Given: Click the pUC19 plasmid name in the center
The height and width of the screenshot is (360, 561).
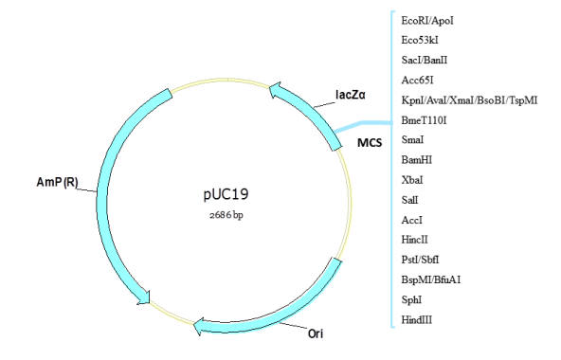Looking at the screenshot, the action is [226, 194].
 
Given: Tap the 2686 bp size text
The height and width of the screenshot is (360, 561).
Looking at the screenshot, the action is [226, 215].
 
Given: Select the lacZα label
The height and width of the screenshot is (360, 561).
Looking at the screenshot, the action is [351, 95].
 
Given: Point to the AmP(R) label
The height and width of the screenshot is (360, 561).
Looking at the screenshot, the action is [57, 182].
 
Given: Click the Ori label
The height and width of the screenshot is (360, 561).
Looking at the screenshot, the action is [316, 333].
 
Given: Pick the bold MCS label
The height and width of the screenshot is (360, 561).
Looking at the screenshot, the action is [370, 143].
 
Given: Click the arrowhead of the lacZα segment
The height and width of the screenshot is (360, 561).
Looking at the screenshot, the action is [275, 90].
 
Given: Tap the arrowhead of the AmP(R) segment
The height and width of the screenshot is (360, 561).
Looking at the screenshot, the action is [144, 297].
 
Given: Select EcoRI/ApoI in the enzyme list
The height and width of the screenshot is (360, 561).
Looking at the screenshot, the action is [427, 21].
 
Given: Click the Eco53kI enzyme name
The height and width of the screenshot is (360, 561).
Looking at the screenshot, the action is [420, 40].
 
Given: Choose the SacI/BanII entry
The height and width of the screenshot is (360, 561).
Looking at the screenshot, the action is [425, 60].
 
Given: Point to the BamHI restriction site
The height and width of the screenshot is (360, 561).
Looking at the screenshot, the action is [417, 159].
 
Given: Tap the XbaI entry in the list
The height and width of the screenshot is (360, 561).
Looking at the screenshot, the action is [412, 180].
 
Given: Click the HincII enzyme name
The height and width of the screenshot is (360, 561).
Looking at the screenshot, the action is [415, 240].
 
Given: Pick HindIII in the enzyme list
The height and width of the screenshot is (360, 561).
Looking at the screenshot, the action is [417, 319].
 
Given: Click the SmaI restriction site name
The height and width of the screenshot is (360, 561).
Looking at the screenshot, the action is [412, 139].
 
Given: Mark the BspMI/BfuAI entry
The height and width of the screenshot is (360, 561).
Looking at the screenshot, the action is [431, 279].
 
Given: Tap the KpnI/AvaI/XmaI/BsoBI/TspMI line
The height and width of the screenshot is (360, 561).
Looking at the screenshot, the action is [469, 100].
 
